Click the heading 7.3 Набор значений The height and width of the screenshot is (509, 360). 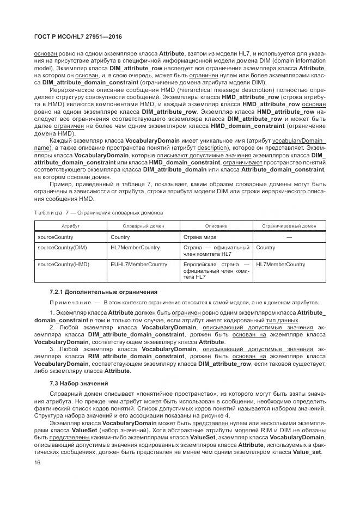click(76, 384)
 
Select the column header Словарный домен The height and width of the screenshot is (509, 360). click(144, 225)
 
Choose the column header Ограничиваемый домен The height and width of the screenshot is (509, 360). click(289, 225)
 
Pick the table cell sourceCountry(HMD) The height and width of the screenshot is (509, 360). click(63, 265)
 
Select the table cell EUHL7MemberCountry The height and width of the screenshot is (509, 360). click(138, 265)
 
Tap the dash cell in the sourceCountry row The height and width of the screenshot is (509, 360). click(289, 237)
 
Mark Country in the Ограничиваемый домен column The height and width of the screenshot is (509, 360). click(265, 248)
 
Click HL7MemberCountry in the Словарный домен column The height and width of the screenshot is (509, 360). click(135, 248)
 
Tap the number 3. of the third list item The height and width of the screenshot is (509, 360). click(52, 349)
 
